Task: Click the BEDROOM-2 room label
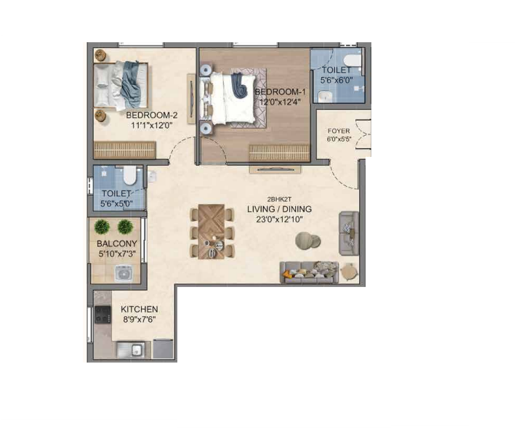point(152,115)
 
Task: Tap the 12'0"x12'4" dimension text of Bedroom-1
point(280,102)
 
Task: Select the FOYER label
point(339,131)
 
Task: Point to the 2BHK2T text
point(279,199)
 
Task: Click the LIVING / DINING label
point(279,209)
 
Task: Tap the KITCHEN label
point(140,310)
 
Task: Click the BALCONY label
point(117,243)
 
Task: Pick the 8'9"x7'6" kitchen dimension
point(140,320)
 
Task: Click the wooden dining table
point(211,232)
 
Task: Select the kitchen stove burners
point(102,315)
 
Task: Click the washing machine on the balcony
point(124,273)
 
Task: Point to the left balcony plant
point(102,227)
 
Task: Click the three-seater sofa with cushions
point(309,272)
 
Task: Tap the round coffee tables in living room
point(307,241)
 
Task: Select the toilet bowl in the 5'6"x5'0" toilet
point(130,176)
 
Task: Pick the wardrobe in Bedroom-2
point(125,150)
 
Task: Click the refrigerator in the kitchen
point(163,349)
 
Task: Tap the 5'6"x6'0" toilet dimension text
point(336,80)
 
